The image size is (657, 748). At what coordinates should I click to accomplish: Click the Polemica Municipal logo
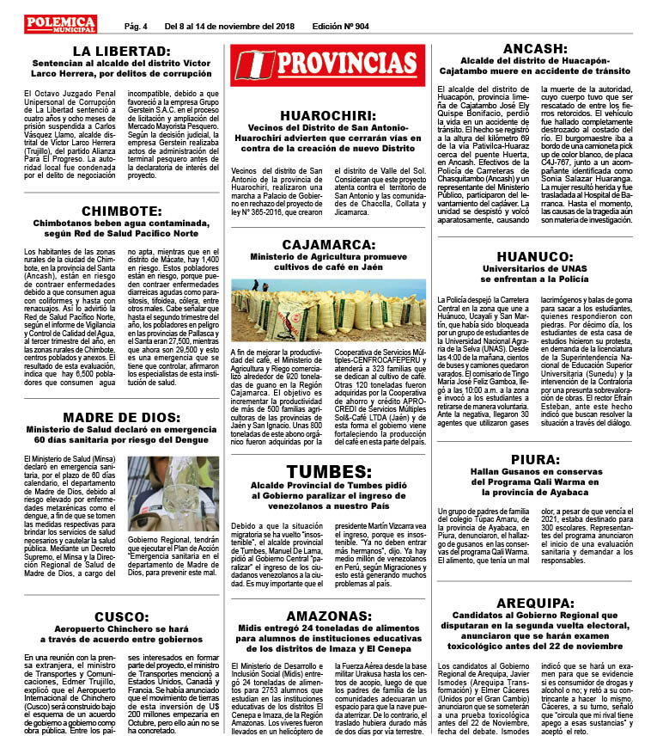60,24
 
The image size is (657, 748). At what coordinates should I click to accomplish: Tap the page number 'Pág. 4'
136,26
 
